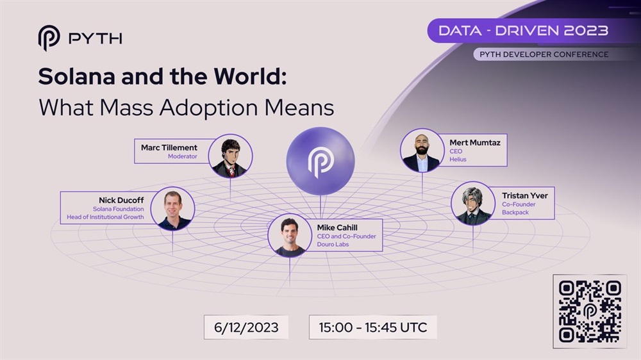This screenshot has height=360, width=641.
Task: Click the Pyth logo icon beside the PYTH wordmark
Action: tap(49, 38)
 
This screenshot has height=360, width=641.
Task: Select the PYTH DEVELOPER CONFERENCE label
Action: tap(544, 54)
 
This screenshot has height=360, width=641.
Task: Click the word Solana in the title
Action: tap(76, 76)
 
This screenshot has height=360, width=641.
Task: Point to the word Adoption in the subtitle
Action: tap(208, 108)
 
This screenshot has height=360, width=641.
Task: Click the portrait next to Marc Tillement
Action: tap(230, 156)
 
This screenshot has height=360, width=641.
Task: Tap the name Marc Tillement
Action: tap(169, 147)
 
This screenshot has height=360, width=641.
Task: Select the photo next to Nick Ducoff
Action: tap(172, 208)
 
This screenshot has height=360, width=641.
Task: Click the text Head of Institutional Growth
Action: tap(105, 217)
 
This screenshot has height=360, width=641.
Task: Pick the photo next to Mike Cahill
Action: tap(290, 235)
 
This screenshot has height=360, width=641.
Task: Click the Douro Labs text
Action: tap(333, 244)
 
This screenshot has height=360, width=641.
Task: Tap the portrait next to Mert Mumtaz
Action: tap(422, 151)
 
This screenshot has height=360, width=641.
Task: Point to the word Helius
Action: tap(458, 160)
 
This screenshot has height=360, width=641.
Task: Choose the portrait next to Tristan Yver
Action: tap(473, 204)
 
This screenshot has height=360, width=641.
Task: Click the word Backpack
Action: tap(515, 213)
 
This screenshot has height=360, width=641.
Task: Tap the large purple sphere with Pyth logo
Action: tap(320, 161)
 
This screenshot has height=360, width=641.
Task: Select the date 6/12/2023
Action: tap(246, 327)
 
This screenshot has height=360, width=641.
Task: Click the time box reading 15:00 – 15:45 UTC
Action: tap(373, 327)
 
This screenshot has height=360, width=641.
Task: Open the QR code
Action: tap(590, 311)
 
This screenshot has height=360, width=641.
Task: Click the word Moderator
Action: tap(182, 156)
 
